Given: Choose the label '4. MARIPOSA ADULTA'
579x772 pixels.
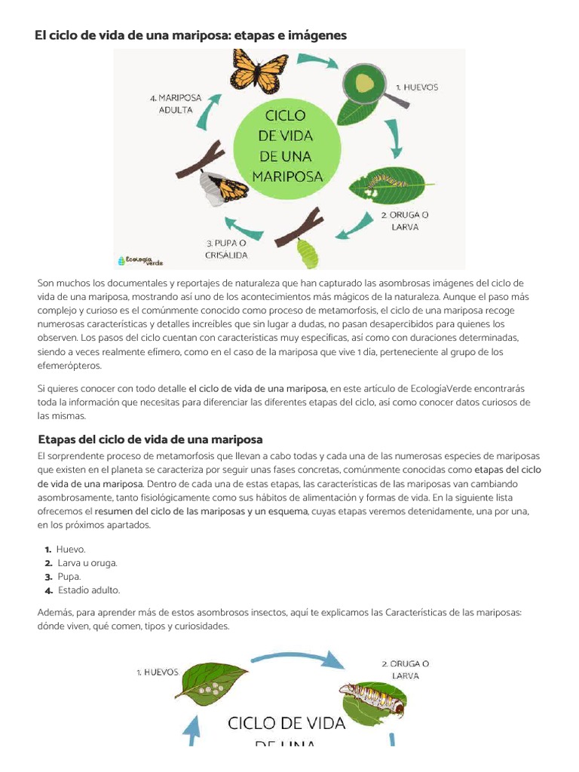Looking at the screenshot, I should pyautogui.click(x=176, y=103).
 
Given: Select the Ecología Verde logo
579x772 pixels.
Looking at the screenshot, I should pyautogui.click(x=140, y=260).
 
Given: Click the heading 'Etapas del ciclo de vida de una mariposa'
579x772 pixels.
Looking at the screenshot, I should pyautogui.click(x=150, y=440).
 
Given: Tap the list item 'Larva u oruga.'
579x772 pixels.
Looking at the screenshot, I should pyautogui.click(x=87, y=563).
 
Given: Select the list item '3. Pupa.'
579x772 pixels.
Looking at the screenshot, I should pyautogui.click(x=69, y=577).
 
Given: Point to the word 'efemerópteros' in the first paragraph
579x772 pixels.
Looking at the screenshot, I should pyautogui.click(x=69, y=366).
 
